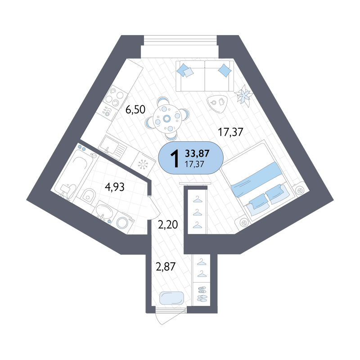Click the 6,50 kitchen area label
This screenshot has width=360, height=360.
[135, 109]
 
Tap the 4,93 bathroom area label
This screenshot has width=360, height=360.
[114, 187]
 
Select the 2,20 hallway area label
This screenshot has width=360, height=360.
[168, 225]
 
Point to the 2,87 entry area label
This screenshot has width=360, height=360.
[166, 267]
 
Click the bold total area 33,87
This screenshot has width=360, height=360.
[197, 153]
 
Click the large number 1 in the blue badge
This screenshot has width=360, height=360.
[175, 158]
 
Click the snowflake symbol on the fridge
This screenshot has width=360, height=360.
[143, 164]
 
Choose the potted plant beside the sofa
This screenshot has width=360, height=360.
[243, 95]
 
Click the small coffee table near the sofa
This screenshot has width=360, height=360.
[217, 103]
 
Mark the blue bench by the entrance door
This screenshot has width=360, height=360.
[171, 298]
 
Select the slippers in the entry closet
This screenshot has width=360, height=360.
[202, 293]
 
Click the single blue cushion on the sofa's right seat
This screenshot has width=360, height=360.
[225, 70]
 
